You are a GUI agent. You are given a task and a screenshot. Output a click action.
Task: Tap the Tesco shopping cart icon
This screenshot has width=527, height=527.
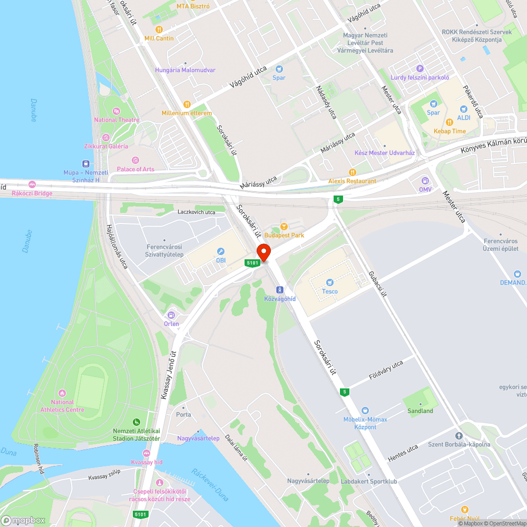point(330,282)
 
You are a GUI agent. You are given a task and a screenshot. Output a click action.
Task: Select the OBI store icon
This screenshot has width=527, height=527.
point(221,251)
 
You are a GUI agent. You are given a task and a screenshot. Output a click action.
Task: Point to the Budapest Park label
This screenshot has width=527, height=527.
point(284,235)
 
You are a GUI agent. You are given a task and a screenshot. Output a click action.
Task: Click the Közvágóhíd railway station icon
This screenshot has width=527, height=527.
point(279,290)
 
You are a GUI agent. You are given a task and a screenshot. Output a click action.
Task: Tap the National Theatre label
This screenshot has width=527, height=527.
point(116,120)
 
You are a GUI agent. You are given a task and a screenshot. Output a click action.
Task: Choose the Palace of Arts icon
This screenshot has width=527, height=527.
point(135,160)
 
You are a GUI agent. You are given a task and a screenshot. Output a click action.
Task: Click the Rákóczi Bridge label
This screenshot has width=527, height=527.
point(32,193)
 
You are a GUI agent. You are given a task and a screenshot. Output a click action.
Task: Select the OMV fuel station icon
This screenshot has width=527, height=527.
point(425,181)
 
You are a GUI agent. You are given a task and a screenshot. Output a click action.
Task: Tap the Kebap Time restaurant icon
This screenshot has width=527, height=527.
point(449,122)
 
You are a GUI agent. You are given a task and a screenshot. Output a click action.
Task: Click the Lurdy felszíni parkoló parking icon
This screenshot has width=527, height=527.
point(420,69)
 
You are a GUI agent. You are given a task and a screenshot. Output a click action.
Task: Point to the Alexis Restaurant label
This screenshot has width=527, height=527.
point(352,181)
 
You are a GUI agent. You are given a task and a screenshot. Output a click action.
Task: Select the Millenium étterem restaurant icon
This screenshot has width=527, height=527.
point(187,104)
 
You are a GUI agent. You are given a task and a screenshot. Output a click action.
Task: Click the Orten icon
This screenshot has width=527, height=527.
point(171,315)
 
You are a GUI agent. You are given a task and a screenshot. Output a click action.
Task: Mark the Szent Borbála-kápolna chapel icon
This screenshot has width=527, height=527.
point(458,436)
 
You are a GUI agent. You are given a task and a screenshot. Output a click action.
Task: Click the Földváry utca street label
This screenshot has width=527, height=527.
point(386,370)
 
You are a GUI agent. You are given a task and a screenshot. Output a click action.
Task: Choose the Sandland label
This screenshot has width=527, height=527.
point(420,411)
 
